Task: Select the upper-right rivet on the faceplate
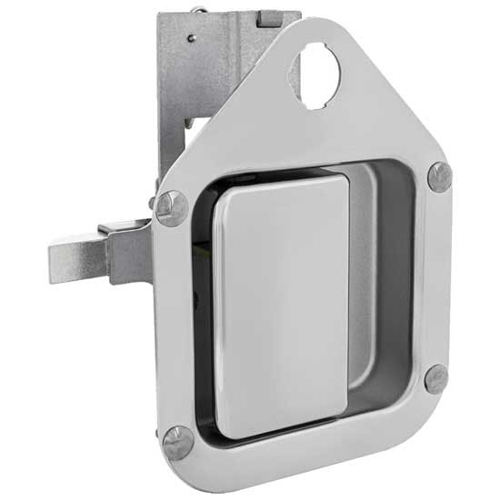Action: coord(440,176)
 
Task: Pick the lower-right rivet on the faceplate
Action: coord(436,378)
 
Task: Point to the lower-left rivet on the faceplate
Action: coord(179,443)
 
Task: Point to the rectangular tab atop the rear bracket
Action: coord(268,17)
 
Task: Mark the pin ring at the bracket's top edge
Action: coord(196,10)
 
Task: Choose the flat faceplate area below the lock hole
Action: coord(327,136)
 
